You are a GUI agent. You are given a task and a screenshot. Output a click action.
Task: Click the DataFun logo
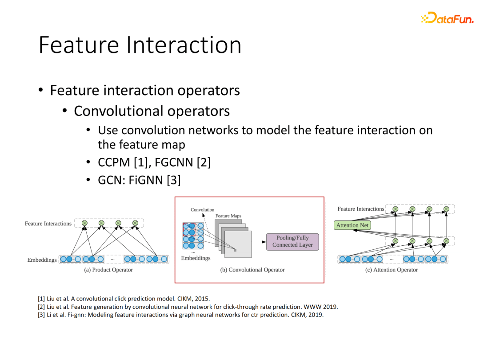[x=447, y=18]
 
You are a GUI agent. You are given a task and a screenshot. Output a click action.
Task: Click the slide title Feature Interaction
[x=140, y=45]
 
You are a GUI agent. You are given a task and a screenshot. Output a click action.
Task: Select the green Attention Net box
[x=352, y=225]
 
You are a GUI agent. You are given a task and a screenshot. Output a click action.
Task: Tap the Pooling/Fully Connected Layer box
[x=292, y=241]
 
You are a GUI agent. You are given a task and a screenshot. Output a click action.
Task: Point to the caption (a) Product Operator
[x=108, y=270]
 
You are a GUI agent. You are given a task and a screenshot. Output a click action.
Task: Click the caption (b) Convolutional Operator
[x=252, y=270]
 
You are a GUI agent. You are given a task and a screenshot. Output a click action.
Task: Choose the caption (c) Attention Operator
[x=392, y=270]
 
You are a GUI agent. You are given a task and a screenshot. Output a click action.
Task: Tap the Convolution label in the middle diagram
[x=202, y=210]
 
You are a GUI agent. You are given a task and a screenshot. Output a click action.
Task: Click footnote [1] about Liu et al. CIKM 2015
[x=124, y=299]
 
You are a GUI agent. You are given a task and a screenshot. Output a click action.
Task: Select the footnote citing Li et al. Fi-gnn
[x=180, y=315]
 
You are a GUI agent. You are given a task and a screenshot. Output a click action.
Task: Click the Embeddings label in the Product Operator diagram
[x=42, y=260]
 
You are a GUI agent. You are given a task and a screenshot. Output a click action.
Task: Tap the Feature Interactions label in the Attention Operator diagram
[x=360, y=209]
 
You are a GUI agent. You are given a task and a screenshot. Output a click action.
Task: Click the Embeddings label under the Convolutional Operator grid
[x=196, y=258]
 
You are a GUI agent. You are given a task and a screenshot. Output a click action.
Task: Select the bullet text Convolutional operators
[x=152, y=111]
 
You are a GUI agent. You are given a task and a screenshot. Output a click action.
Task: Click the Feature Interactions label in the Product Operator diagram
[x=48, y=224]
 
